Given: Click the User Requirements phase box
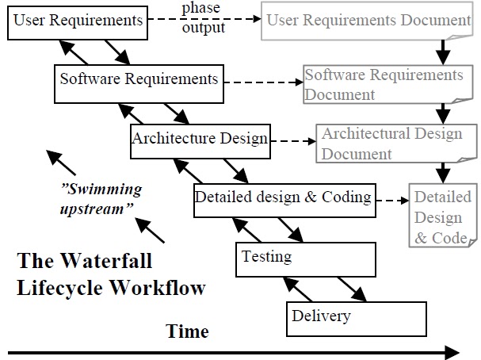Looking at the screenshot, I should click(78, 21).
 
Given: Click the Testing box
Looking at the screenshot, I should click(305, 259).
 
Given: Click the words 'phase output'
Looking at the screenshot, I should click(203, 18).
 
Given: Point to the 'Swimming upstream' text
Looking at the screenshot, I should click(100, 198).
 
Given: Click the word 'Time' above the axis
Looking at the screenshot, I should click(188, 331).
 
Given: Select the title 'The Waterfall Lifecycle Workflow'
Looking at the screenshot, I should click(111, 274).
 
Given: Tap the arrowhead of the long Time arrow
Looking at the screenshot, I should click(452, 352).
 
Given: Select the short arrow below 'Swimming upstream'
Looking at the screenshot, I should click(151, 230).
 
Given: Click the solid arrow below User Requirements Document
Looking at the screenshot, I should click(443, 51).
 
